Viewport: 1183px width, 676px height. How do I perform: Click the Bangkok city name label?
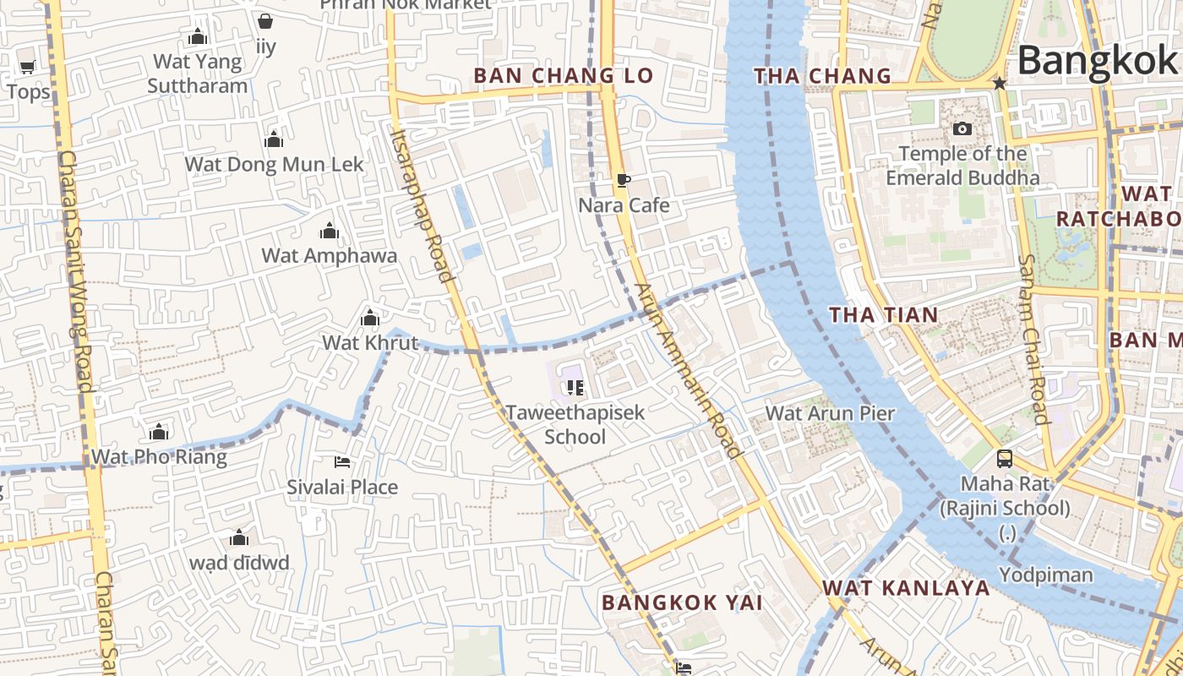click(1097, 61)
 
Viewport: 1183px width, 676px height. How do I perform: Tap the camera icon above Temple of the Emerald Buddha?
click(962, 129)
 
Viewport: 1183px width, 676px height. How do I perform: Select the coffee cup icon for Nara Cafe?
click(624, 180)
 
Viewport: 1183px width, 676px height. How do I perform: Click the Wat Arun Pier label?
click(830, 413)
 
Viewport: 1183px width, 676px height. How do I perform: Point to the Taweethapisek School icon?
click(575, 388)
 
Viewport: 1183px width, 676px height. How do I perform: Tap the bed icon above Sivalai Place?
click(342, 462)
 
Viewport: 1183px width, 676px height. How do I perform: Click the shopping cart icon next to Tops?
click(27, 68)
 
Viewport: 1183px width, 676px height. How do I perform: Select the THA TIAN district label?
click(884, 315)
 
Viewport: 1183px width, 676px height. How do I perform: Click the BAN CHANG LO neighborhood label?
click(564, 75)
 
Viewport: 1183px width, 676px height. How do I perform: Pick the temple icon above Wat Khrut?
click(370, 319)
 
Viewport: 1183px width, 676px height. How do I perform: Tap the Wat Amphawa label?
click(330, 255)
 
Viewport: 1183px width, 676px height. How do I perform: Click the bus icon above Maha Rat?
click(1004, 459)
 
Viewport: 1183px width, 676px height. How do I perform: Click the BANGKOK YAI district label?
click(682, 602)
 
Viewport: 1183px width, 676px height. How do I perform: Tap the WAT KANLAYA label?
click(906, 588)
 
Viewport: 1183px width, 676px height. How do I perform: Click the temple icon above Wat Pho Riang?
click(159, 433)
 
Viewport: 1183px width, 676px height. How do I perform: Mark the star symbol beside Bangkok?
click(1000, 83)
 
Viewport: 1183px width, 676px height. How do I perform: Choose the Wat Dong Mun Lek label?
click(274, 164)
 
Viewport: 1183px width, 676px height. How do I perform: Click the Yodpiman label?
click(1045, 575)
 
